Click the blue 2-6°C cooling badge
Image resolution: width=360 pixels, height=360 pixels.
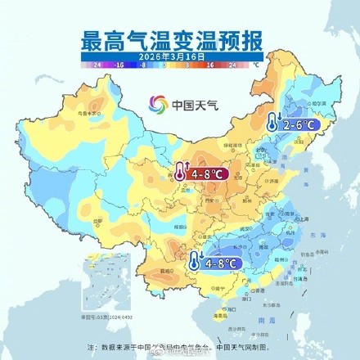(296, 126)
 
